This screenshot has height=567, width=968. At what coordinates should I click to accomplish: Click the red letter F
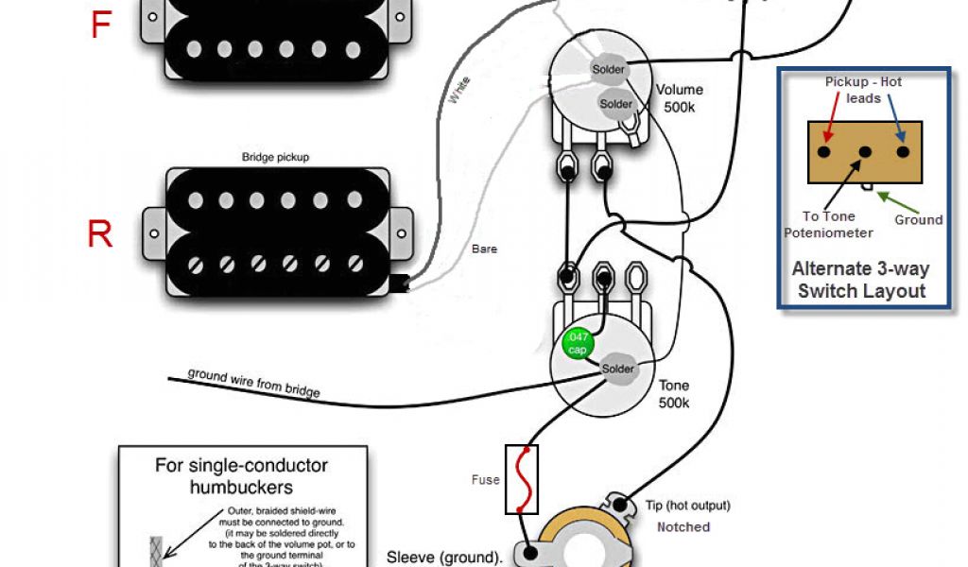[x=101, y=25]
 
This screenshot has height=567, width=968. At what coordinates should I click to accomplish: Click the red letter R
[x=100, y=233]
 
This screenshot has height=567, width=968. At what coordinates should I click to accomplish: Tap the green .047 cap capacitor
[x=577, y=342]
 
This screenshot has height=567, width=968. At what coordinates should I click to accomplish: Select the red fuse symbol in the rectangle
[x=522, y=479]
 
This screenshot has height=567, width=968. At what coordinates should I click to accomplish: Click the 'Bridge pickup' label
[x=275, y=157]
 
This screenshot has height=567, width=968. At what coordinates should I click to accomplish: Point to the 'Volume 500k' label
[x=680, y=98]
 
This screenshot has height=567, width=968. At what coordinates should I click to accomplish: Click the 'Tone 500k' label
[x=674, y=394]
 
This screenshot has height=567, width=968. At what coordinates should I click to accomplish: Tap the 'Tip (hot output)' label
[x=688, y=506]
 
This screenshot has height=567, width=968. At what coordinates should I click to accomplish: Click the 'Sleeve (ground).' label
[x=444, y=558]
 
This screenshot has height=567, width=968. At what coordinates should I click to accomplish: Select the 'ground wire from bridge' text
[x=253, y=382]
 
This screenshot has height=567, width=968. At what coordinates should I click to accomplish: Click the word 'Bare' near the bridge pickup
[x=485, y=249]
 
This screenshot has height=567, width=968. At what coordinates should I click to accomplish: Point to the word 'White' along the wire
[x=459, y=91]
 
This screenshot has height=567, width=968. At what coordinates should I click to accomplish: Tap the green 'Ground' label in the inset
[x=919, y=219]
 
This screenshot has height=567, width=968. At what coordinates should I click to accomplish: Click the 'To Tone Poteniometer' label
[x=828, y=225]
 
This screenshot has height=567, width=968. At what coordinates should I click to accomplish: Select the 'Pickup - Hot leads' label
[x=862, y=90]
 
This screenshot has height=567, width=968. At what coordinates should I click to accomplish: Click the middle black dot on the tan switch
[x=864, y=151]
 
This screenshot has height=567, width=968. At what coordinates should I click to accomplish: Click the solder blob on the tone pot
[x=618, y=369]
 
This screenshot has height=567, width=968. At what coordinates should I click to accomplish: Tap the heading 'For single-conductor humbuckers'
[x=241, y=476]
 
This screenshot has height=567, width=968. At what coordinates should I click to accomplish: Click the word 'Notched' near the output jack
[x=683, y=526]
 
